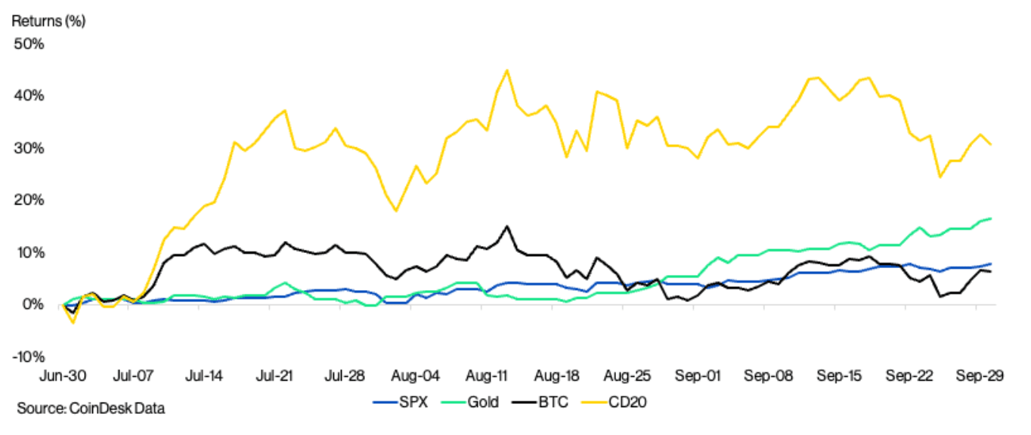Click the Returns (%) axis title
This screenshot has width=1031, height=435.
pos(48,21)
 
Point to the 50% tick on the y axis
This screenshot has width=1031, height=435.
pos(29,44)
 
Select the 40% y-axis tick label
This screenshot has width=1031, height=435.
pos(29,96)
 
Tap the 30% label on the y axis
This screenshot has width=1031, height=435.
pos(29,148)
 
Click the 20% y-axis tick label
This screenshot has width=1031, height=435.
pos(29,200)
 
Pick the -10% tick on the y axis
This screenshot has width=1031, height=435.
pos(28,356)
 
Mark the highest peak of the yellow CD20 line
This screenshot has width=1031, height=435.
pos(506,70)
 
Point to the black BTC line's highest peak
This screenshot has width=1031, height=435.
pos(506,226)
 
